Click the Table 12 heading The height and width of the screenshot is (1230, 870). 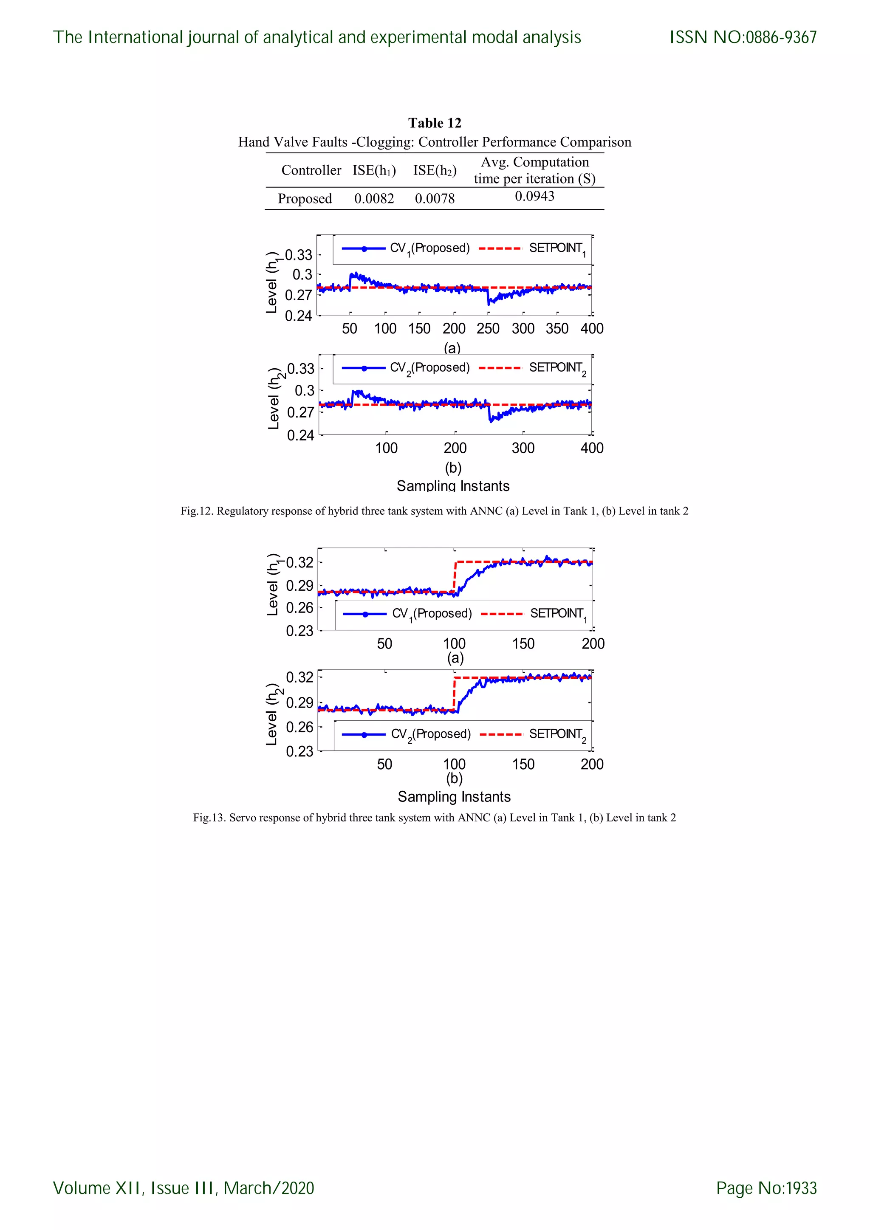[x=435, y=123]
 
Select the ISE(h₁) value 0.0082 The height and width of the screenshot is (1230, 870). [x=374, y=199]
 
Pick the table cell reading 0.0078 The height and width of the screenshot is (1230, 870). [x=435, y=199]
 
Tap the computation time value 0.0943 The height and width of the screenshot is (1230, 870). [x=534, y=196]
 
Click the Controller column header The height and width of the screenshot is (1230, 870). [x=311, y=170]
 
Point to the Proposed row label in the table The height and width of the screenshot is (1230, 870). [x=305, y=199]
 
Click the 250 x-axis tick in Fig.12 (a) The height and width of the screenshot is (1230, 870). [x=488, y=328]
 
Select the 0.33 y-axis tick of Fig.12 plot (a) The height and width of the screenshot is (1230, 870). [x=298, y=254]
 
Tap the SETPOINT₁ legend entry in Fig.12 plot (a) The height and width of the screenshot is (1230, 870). [x=556, y=248]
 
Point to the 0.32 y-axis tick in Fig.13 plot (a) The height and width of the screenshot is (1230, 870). [x=299, y=562]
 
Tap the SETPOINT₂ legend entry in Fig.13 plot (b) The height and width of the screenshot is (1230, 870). [x=557, y=734]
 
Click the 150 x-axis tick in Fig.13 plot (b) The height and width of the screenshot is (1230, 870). [x=523, y=764]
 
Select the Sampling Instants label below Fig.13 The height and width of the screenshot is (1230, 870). [x=454, y=797]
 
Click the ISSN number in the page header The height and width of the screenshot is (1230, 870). [x=743, y=37]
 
